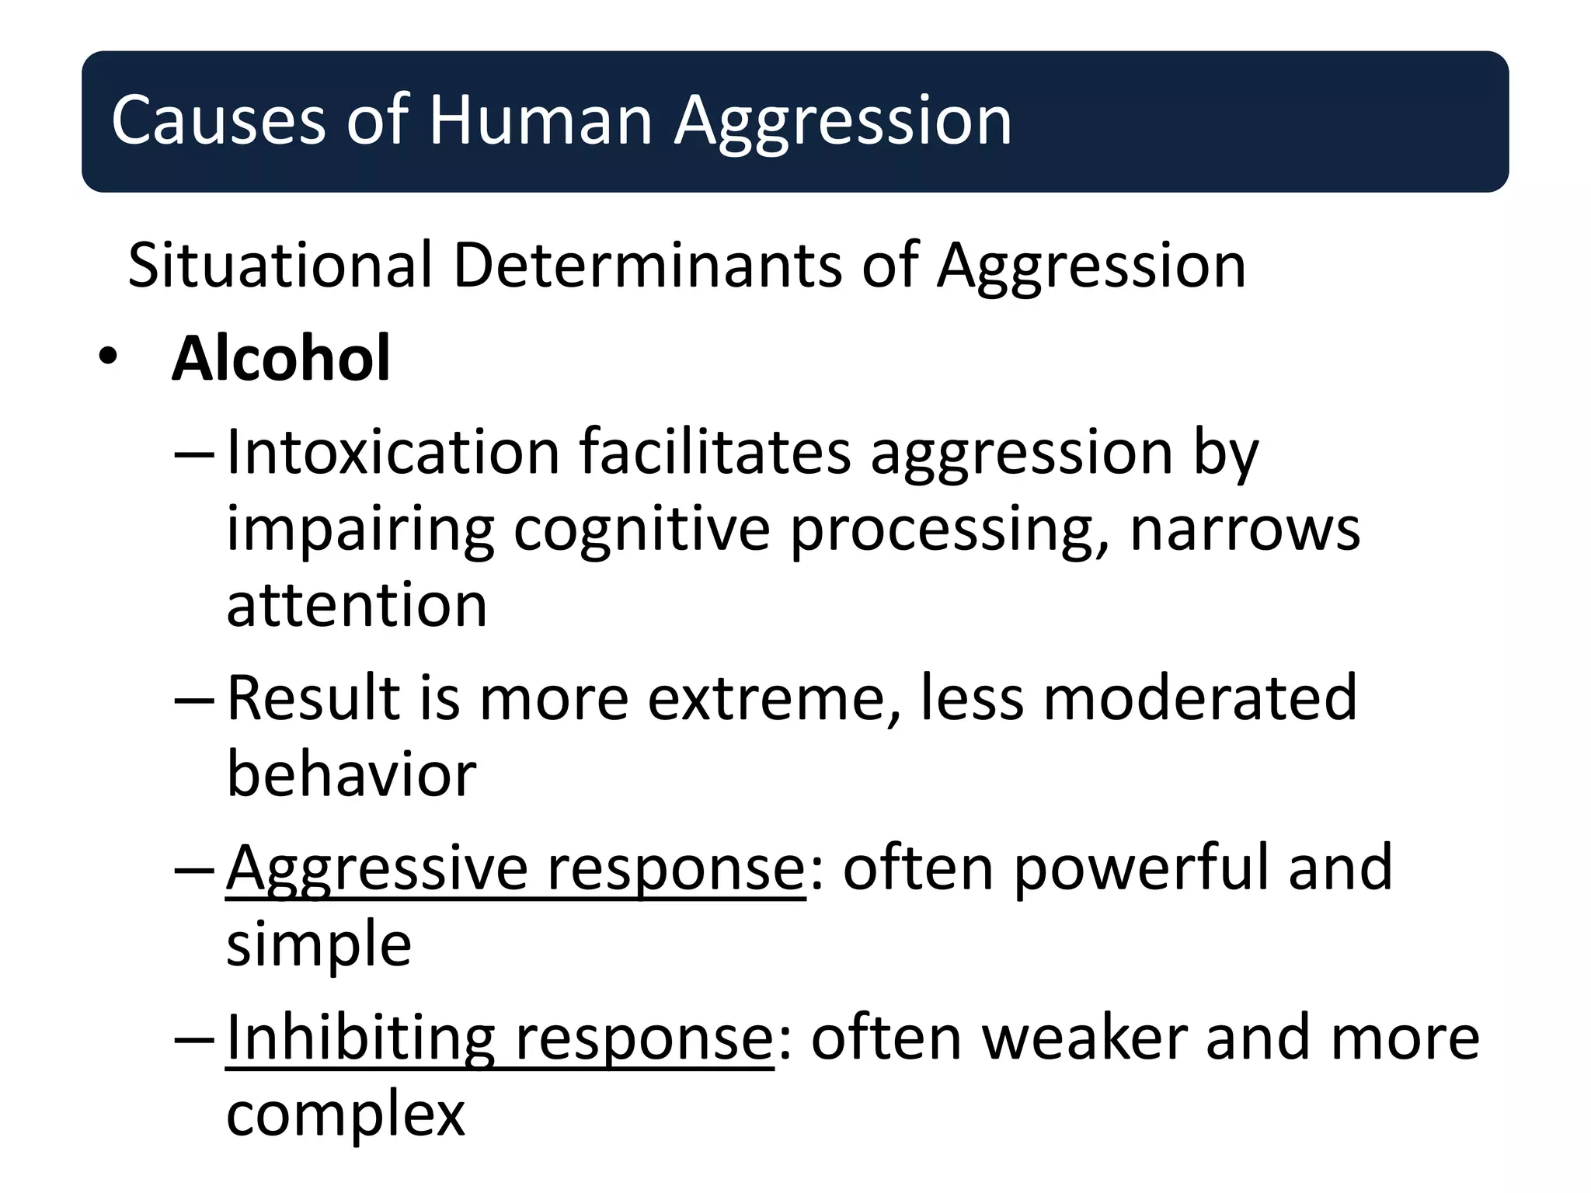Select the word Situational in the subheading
280,266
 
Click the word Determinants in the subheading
648,266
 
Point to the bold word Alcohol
281,359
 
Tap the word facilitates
715,452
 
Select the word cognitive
642,530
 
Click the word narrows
1245,530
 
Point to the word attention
357,606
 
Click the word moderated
1199,698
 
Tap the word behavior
351,774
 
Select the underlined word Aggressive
377,868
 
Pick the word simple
319,944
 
